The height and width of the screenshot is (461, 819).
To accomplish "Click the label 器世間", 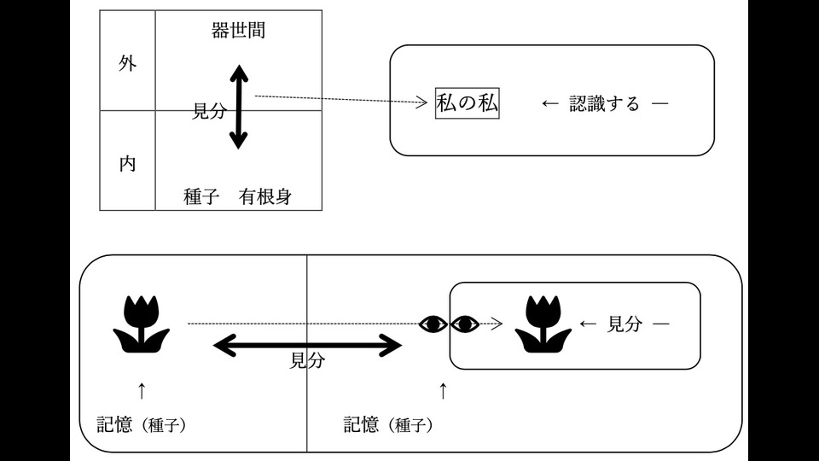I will point(238,31).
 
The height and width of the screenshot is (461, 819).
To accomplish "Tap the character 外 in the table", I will point(127,65).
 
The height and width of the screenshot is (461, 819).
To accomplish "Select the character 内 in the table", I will point(127,163).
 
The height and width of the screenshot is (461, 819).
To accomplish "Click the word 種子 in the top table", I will point(203,196).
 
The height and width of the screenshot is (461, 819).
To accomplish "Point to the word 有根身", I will point(265,196).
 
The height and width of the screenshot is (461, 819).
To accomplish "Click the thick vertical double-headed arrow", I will point(239,109).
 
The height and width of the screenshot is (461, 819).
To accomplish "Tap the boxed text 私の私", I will point(467,104).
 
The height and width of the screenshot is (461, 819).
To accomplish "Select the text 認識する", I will point(604,104).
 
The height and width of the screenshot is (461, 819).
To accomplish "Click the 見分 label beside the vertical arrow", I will point(209,111).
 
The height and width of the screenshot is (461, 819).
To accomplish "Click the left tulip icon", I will point(142,324).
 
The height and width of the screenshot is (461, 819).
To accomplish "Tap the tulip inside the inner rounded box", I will point(543,324).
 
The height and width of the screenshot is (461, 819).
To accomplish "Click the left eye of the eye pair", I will point(433,324).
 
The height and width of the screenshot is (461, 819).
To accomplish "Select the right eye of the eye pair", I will point(465,324).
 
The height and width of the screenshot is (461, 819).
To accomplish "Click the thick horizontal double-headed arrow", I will point(307,345).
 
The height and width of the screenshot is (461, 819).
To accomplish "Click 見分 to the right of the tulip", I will point(623,324).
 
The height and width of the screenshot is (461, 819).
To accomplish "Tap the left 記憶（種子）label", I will point(141,425).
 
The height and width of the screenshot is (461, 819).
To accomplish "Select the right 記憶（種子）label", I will point(387,425).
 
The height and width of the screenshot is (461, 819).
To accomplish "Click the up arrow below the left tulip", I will point(142,391).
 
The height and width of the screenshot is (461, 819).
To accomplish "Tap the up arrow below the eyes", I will point(442,391).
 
